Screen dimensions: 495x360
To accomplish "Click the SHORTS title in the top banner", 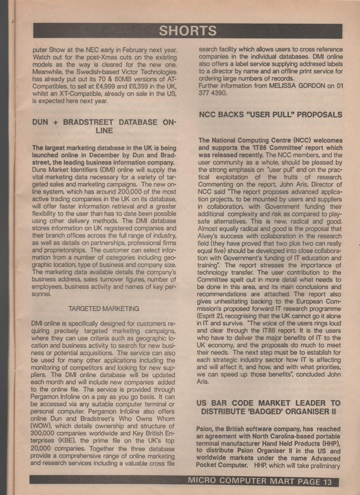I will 188,31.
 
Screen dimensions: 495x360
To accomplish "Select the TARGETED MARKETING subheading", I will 104,308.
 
